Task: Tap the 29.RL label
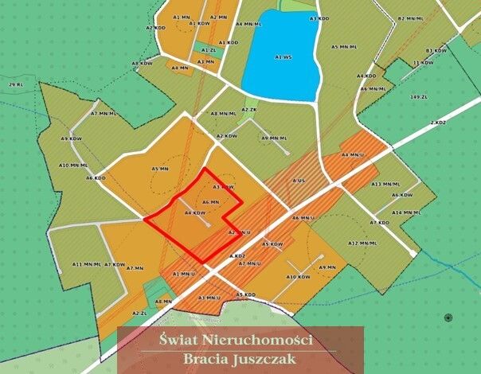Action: tap(16, 84)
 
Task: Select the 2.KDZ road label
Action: tap(436, 123)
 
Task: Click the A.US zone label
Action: tap(299, 181)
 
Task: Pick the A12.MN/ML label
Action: tap(362, 243)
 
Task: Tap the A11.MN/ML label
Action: tap(86, 264)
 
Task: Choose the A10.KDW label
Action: tap(298, 277)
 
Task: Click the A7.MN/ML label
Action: tap(104, 114)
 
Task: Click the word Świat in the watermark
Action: tap(178, 340)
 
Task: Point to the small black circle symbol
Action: tap(448, 318)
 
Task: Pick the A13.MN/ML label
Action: tap(386, 184)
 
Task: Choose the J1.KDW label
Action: tap(422, 62)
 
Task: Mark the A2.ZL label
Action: tap(140, 314)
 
